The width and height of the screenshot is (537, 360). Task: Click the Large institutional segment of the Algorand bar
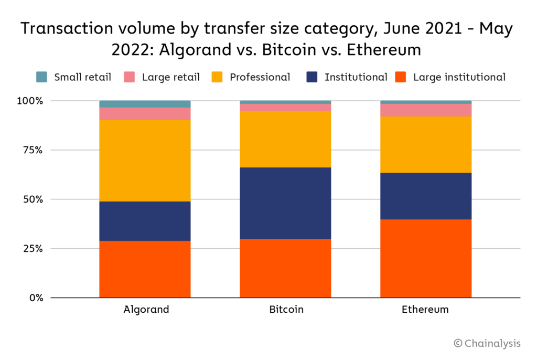(x=145, y=269)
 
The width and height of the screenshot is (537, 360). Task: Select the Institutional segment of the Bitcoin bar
(x=285, y=203)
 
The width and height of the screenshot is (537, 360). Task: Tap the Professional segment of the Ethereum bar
(x=426, y=144)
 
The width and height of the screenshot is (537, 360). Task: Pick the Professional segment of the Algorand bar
(x=145, y=161)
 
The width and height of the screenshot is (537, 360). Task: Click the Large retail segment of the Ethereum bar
(x=426, y=110)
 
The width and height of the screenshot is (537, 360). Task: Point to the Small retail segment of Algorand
(x=145, y=104)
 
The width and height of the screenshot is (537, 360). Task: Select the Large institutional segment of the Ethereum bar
(x=426, y=258)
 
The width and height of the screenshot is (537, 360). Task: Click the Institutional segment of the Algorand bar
(x=145, y=221)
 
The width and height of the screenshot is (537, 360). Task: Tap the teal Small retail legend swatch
(x=42, y=77)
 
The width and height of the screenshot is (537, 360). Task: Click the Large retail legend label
(x=170, y=77)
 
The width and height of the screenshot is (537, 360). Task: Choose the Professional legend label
(x=260, y=77)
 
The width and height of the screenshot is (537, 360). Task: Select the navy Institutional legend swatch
(x=312, y=77)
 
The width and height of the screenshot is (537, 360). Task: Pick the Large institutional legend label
(x=459, y=77)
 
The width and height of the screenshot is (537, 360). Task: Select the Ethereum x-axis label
(x=425, y=309)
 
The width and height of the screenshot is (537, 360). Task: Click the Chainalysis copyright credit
(x=487, y=343)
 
